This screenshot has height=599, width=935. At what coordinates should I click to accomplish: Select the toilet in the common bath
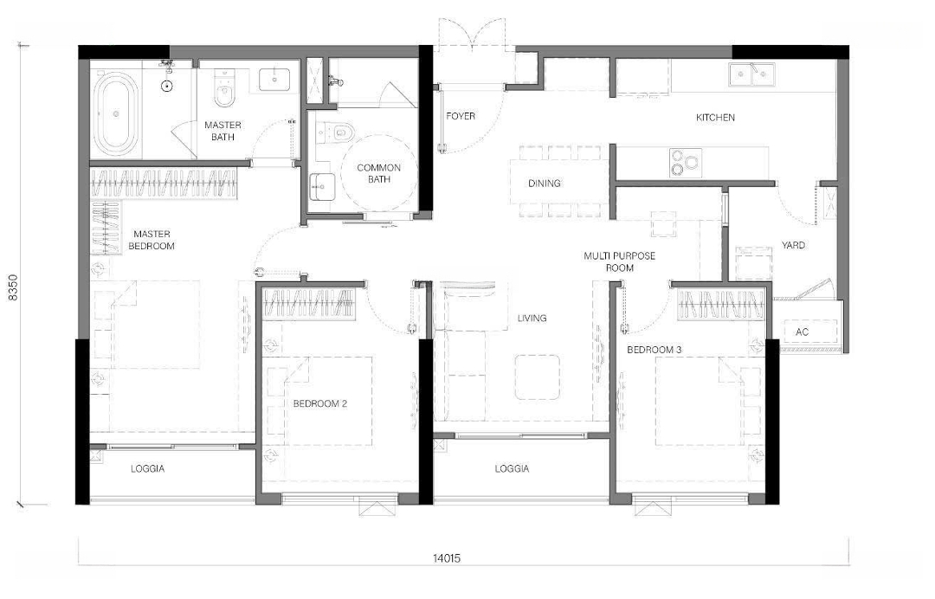334,132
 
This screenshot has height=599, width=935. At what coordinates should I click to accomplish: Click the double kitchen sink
751,74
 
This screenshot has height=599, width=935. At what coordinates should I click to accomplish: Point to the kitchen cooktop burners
685,163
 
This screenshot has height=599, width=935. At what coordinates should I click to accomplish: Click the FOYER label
461,116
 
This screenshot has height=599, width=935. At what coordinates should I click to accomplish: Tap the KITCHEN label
716,118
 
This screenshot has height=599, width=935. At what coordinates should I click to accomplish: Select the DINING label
545,184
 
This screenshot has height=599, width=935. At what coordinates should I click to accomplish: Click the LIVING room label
532,319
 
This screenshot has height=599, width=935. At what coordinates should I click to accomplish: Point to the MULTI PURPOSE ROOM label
620,261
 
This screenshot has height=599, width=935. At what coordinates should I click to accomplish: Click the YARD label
793,245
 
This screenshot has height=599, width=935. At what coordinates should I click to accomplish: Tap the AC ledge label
802,332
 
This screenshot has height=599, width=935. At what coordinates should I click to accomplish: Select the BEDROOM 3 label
654,350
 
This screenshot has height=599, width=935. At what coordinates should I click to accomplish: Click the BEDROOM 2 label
320,403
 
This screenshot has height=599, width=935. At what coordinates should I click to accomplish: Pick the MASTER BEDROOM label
152,240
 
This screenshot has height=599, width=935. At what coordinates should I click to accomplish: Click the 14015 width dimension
447,558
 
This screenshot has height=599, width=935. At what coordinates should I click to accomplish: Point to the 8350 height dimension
13,288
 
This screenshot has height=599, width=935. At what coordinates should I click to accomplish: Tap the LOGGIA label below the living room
512,469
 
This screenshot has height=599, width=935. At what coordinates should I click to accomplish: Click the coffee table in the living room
538,377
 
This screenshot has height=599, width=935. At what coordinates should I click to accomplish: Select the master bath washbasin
274,80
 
